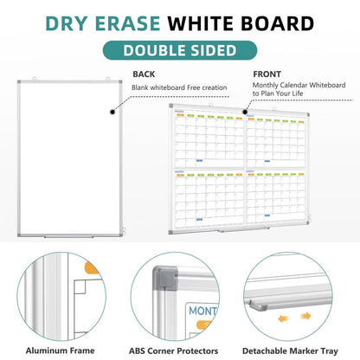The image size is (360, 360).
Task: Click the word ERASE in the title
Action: (x=140, y=20)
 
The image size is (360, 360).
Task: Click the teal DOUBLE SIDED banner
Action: (x=180, y=50)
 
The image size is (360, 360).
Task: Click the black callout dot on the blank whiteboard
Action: (x=112, y=110)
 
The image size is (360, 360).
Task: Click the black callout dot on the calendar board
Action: (x=246, y=111)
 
